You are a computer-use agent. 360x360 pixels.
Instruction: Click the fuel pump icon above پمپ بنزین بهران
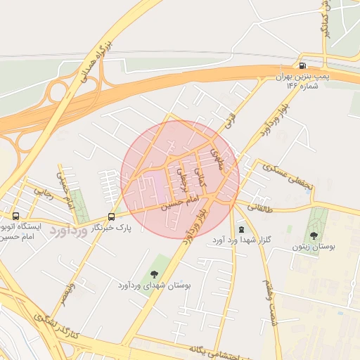click(x=302, y=63)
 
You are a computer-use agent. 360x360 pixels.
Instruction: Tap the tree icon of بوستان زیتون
click(x=314, y=236)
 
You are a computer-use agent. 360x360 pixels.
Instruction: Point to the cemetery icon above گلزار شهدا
click(x=242, y=229)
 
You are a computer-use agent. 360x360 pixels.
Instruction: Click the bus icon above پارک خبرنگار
click(x=111, y=216)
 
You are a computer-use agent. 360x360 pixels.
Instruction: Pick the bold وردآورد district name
click(x=70, y=231)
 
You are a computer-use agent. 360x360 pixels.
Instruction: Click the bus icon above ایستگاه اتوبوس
click(x=16, y=216)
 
